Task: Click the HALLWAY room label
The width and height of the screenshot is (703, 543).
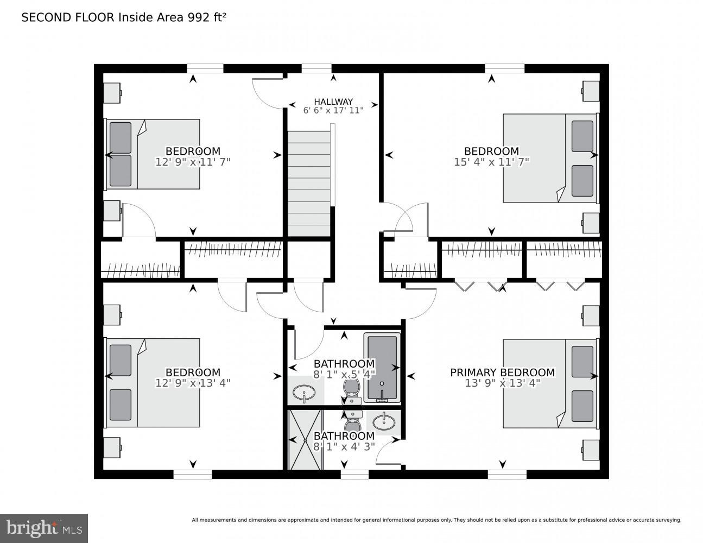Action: [x=333, y=102]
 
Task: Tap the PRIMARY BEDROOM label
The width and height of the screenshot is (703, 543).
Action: [x=502, y=372]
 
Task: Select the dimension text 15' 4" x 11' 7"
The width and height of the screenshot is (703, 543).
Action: [x=491, y=161]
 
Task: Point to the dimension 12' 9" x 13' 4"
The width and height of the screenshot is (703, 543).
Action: [x=193, y=382]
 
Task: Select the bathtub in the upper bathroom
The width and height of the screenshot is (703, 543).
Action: [x=382, y=368]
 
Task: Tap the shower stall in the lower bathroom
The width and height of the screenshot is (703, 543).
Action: [x=305, y=439]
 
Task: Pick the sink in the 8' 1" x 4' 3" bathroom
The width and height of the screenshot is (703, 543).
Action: [x=384, y=420]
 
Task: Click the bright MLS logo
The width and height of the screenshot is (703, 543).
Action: [x=43, y=528]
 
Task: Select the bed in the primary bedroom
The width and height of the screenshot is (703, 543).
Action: [x=549, y=383]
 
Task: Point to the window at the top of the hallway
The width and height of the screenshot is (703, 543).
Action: [x=316, y=68]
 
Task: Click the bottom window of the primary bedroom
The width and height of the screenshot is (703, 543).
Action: [x=506, y=475]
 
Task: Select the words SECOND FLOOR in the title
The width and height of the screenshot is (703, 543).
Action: [x=67, y=17]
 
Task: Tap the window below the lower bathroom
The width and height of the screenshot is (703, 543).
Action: [x=354, y=475]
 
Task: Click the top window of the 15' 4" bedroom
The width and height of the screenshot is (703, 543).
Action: [x=504, y=68]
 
